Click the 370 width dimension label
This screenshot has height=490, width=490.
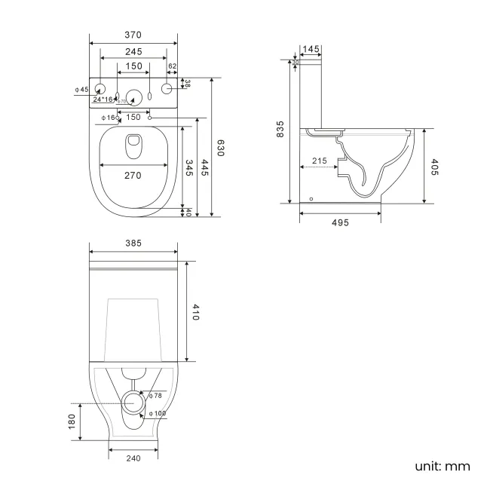(x=133, y=35)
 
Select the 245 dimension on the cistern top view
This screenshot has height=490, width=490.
(x=133, y=51)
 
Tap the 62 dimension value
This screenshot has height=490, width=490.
(x=172, y=66)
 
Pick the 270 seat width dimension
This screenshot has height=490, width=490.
(x=133, y=175)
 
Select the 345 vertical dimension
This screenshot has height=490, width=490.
(x=188, y=167)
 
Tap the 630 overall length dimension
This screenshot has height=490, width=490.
(x=221, y=148)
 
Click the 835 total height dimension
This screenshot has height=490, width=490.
(x=280, y=130)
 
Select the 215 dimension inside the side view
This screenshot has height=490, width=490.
(x=319, y=161)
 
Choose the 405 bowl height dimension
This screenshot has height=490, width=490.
(x=434, y=167)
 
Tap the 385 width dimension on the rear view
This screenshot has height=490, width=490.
(x=133, y=243)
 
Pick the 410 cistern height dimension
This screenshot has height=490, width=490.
(x=194, y=312)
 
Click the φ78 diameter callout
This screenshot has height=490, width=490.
(x=155, y=396)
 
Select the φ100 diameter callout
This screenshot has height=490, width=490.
(x=158, y=413)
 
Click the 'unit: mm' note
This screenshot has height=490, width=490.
(x=442, y=466)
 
